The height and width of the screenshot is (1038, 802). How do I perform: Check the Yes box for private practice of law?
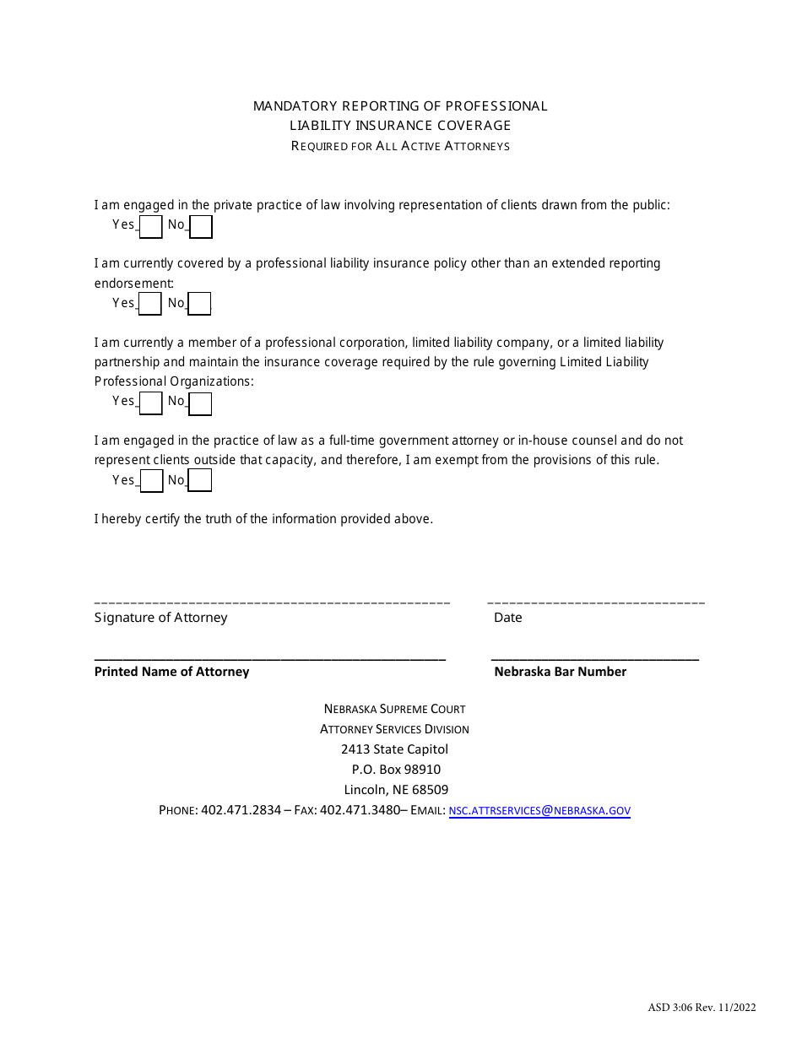click(x=150, y=227)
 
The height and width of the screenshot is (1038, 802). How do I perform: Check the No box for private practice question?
click(x=201, y=227)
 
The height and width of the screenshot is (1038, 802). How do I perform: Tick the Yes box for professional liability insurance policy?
click(x=149, y=304)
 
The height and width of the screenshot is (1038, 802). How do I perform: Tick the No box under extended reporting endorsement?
click(x=199, y=304)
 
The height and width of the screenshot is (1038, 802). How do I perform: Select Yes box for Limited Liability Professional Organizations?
click(x=150, y=403)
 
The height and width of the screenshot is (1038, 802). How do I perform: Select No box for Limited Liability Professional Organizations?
click(x=200, y=404)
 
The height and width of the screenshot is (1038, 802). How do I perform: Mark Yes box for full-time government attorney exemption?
click(x=151, y=481)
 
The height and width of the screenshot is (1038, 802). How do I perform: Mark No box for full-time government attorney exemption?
click(x=200, y=481)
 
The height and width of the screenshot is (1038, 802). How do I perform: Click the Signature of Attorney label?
click(x=160, y=618)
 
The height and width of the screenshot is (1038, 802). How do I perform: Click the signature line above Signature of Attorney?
click(x=272, y=603)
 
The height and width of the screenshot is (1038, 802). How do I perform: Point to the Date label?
click(x=508, y=618)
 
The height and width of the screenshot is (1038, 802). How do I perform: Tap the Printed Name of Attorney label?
click(x=171, y=672)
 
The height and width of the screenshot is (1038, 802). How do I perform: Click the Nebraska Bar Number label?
click(x=560, y=672)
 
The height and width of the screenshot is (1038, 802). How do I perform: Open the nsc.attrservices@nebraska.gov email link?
click(x=539, y=811)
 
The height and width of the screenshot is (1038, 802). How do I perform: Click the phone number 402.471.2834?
click(x=241, y=811)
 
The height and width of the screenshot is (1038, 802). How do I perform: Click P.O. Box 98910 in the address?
click(x=396, y=770)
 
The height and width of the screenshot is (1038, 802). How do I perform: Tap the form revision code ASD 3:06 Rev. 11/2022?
click(x=702, y=1007)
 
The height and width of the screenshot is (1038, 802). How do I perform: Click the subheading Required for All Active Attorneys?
click(x=400, y=146)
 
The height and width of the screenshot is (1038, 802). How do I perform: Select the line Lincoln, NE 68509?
click(x=396, y=791)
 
